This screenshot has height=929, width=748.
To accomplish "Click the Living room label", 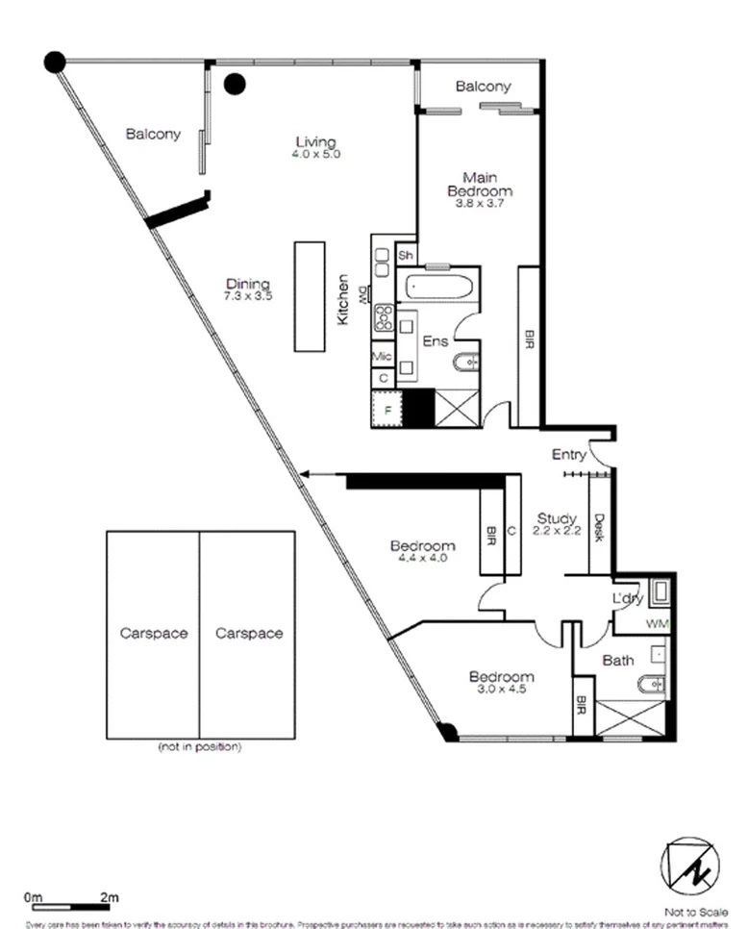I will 317,147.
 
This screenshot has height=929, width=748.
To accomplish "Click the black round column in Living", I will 234,85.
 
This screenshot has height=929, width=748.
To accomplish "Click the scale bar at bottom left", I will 72,905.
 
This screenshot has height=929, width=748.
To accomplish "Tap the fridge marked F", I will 386,409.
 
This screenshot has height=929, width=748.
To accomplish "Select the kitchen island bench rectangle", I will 309,297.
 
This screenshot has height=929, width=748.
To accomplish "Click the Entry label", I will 569,454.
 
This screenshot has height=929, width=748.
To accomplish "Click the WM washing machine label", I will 658,624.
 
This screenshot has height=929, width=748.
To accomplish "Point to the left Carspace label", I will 153,633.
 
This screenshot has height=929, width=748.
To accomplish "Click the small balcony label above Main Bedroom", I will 483,87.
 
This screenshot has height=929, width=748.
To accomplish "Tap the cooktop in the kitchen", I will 383,318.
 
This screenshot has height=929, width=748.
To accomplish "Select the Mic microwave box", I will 383,357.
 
